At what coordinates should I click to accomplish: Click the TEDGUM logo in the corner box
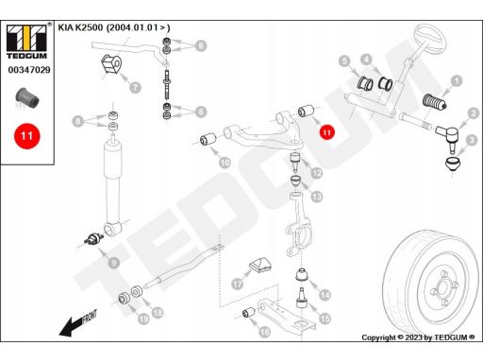26,42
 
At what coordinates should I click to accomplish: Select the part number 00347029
29,70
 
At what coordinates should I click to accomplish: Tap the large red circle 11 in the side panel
27,136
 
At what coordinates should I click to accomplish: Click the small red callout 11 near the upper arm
327,132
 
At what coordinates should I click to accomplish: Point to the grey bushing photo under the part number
27,97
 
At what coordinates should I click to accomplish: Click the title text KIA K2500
80,27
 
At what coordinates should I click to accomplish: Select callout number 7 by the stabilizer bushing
135,87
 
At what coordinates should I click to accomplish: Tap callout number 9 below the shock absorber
114,262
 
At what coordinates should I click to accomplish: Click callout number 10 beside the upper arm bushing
225,163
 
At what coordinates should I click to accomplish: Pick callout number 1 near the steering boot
457,81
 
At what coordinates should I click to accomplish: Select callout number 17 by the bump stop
238,284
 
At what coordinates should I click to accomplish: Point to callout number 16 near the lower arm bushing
264,332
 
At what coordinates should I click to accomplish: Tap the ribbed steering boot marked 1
434,101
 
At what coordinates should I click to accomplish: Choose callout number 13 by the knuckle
317,197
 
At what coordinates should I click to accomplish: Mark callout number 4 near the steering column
366,60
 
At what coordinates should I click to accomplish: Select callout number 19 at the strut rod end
143,319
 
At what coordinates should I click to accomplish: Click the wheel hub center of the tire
443,287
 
